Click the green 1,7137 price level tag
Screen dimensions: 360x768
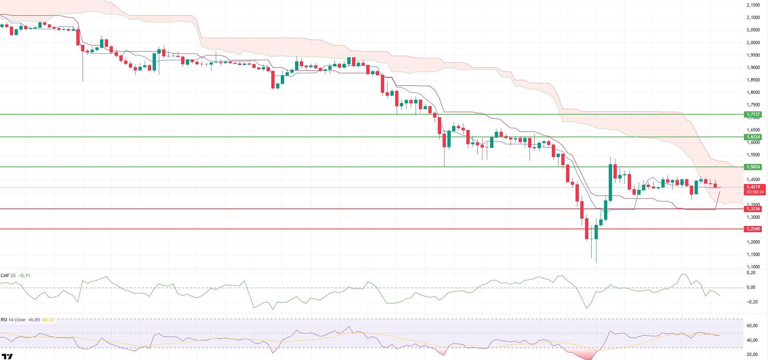pyautogui.click(x=753, y=114)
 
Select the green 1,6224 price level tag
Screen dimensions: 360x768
pyautogui.click(x=753, y=137)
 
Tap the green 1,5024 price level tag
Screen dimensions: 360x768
pyautogui.click(x=753, y=167)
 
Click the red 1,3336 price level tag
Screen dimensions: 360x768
pyautogui.click(x=753, y=209)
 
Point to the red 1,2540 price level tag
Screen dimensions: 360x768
pyautogui.click(x=753, y=229)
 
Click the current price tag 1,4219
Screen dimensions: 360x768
pyautogui.click(x=753, y=187)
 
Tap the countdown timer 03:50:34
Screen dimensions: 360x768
pyautogui.click(x=755, y=192)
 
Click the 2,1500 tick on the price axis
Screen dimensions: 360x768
pyautogui.click(x=753, y=5)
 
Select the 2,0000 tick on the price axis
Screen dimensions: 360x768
pyautogui.click(x=753, y=43)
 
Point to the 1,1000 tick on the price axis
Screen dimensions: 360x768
pyautogui.click(x=753, y=267)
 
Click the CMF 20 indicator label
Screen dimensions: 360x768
pyautogui.click(x=8, y=276)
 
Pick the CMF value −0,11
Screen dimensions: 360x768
pyautogui.click(x=24, y=276)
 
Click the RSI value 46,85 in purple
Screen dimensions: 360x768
pyautogui.click(x=34, y=320)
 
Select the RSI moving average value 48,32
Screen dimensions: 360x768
pyautogui.click(x=48, y=320)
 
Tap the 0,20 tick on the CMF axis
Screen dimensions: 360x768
pyautogui.click(x=751, y=273)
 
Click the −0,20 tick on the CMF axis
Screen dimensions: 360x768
pyautogui.click(x=750, y=302)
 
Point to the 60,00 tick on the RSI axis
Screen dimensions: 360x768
pyautogui.click(x=752, y=326)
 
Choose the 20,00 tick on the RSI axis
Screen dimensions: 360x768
pyautogui.click(x=752, y=355)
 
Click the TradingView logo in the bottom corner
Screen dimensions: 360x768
pyautogui.click(x=7, y=356)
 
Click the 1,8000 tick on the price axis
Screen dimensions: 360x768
pyautogui.click(x=753, y=92)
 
